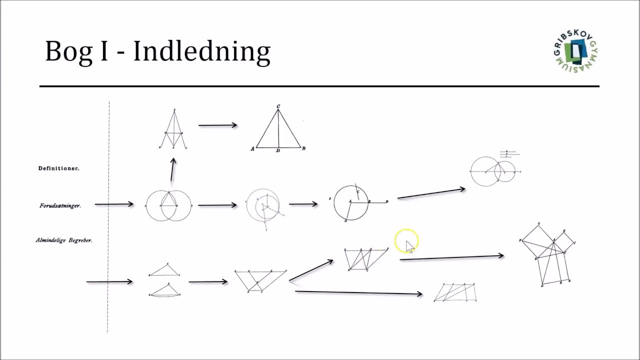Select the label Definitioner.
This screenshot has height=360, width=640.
click(x=58, y=168)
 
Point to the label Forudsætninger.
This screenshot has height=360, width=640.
click(x=60, y=205)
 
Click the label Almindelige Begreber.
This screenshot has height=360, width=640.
click(x=64, y=240)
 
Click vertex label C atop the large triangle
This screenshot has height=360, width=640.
click(x=278, y=106)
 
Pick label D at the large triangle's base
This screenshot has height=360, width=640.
click(x=278, y=151)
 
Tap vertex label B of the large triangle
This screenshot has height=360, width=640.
click(x=303, y=148)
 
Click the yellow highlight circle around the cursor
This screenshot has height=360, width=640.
click(x=406, y=241)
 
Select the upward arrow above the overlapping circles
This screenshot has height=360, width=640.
click(x=172, y=169)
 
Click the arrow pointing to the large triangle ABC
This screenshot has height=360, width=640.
click(x=217, y=125)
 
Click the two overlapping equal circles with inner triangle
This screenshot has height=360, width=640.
click(x=168, y=205)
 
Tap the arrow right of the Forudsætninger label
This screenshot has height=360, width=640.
click(x=114, y=204)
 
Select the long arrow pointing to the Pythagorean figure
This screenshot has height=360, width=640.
click(x=451, y=257)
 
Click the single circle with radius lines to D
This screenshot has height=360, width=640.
click(x=351, y=202)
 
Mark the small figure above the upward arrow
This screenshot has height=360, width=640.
click(x=173, y=129)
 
